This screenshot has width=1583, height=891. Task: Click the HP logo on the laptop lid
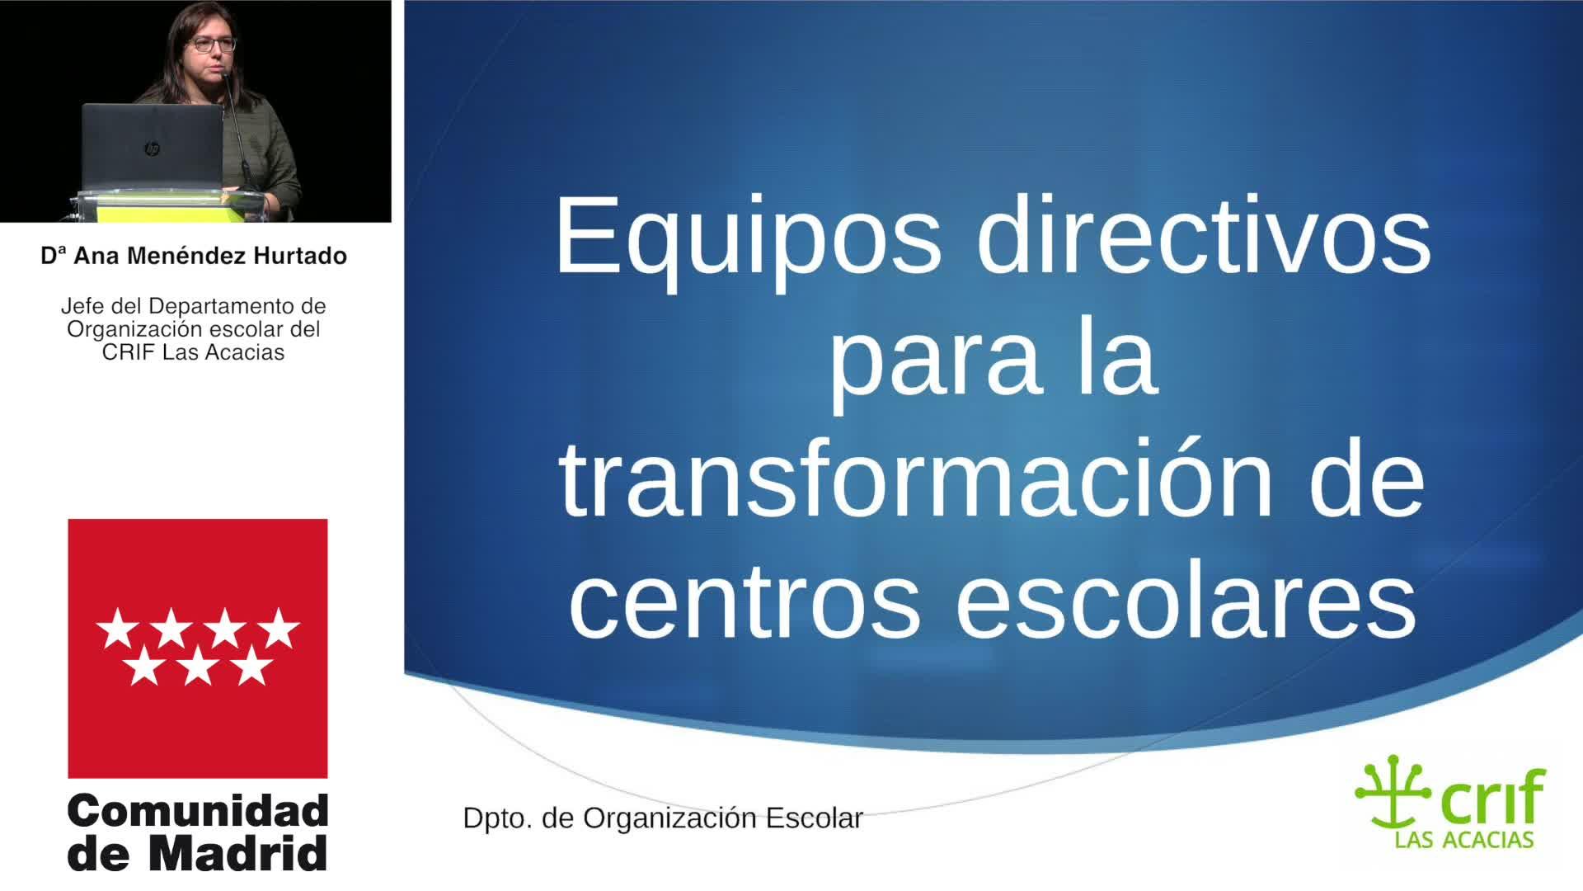pos(152,149)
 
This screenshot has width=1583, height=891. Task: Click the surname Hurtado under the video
pos(300,256)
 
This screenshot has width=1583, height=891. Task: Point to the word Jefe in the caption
pos(78,306)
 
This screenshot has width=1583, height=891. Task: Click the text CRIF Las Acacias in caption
pos(193,352)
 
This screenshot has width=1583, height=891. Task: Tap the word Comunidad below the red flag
pos(198,813)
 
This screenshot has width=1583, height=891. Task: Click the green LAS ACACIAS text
pos(1463,840)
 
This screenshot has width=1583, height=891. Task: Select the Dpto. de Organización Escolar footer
pos(663,818)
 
